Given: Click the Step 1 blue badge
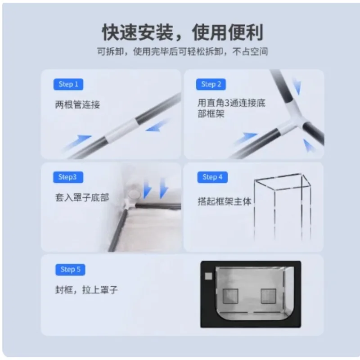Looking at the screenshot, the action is click(68, 84).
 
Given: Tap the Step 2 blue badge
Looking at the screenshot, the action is click(211, 84).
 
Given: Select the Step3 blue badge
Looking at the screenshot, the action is click(68, 177).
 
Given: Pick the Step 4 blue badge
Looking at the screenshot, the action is click(212, 177).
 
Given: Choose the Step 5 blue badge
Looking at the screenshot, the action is click(70, 270).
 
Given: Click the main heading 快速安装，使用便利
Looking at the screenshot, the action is click(183, 32).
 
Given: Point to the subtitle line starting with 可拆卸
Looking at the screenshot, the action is click(183, 51).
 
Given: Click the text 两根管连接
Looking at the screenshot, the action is click(77, 105).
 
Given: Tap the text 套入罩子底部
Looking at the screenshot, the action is click(82, 198).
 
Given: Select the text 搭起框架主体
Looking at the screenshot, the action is click(225, 202).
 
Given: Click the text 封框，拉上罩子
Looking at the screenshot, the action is click(86, 290).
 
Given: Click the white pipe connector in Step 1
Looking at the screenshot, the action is click(121, 130).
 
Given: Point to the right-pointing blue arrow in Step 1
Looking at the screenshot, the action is click(77, 142).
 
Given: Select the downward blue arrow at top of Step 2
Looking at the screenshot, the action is click(297, 86).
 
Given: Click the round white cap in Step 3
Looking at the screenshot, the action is click(134, 194).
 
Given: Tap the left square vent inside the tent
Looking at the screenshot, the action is click(230, 296).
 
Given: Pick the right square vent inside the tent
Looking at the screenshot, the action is click(269, 296).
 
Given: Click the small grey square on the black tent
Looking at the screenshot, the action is click(208, 276).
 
